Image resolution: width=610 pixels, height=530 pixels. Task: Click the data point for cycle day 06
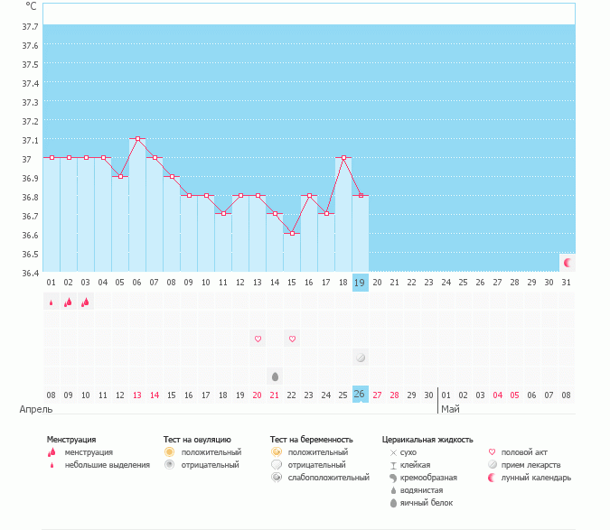coord(137,139)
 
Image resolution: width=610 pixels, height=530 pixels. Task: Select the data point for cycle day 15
coord(291,234)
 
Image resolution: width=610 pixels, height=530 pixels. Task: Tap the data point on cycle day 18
coord(343,158)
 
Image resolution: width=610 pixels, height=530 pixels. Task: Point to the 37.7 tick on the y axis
coord(30,25)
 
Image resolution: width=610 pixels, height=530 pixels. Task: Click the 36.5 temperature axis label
coord(30,235)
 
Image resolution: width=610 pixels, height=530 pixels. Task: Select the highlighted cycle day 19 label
coord(360,283)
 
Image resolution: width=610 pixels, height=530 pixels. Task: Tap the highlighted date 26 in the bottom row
coord(360,395)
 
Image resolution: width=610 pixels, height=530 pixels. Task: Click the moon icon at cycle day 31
coord(568,263)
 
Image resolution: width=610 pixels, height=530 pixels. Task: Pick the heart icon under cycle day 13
coord(258,339)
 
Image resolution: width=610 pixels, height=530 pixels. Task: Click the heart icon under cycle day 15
coord(292,339)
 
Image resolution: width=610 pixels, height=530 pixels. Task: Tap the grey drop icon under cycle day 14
coord(275,375)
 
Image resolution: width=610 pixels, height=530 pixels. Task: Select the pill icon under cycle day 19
coord(360,358)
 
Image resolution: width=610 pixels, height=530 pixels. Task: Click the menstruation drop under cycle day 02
coord(69,302)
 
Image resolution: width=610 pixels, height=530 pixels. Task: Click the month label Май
coord(450,410)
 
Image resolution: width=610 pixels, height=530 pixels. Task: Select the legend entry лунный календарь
coord(536,478)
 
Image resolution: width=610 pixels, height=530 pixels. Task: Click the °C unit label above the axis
coord(31,5)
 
